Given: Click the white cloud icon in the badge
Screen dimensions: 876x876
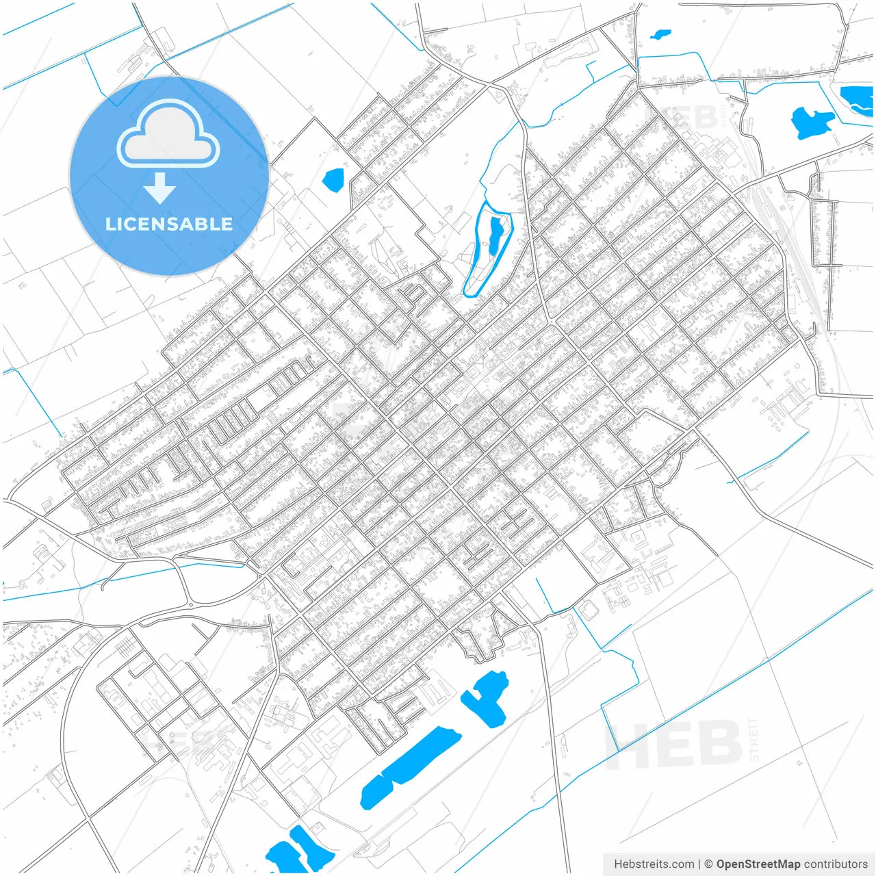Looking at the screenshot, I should [168, 134].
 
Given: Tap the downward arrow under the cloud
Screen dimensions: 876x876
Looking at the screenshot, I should [160, 188].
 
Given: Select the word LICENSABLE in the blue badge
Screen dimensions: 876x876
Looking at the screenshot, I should [168, 224].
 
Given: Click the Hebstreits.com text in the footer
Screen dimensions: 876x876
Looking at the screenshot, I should [654, 864].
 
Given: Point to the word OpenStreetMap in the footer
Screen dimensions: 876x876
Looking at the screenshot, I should [758, 864].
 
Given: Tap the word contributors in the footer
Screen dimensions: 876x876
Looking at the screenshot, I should [836, 864].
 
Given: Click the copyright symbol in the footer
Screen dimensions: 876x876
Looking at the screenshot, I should [709, 864].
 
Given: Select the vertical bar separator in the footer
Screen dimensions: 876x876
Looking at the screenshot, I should [699, 864].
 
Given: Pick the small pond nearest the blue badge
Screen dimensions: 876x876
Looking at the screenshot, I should [333, 180].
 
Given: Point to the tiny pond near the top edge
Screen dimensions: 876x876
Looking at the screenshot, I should [660, 34].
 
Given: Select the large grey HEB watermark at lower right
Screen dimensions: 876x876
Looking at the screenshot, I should [674, 745].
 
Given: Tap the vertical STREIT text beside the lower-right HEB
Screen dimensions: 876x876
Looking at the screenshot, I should [753, 739].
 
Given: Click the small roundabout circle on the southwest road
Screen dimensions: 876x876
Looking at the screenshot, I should [190, 605].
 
